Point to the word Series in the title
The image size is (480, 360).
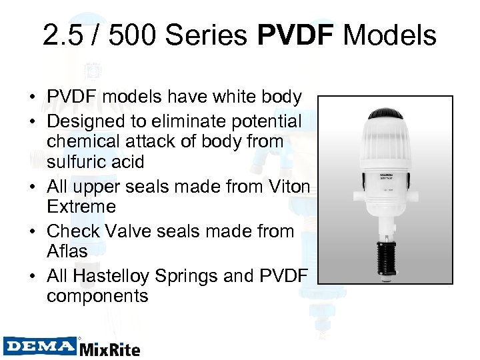pos(211,35)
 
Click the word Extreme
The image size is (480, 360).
pos(81,206)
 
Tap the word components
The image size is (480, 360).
pos(97,295)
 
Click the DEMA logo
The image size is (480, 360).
pos(40,346)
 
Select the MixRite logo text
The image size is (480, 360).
pos(110,348)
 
